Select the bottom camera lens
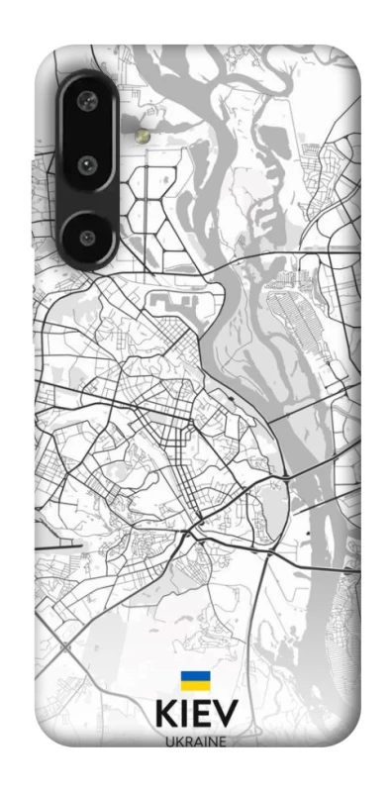(x=87, y=237)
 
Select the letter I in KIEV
(x=187, y=718)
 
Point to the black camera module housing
(x=87, y=168)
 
